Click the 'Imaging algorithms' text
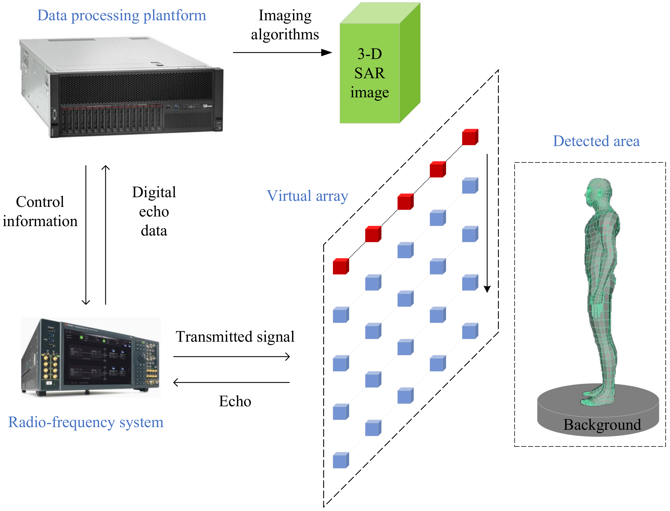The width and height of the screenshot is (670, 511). click(285, 25)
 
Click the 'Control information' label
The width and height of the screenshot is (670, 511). click(40, 211)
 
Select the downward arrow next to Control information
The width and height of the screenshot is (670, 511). click(86, 234)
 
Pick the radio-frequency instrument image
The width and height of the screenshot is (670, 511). click(91, 357)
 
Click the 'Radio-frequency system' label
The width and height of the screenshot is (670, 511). click(86, 422)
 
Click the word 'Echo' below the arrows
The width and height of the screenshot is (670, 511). click(235, 401)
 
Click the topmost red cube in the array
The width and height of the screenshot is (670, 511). click(470, 137)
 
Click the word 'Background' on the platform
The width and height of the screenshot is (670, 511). click(602, 424)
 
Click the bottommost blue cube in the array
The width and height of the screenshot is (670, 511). click(341, 460)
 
